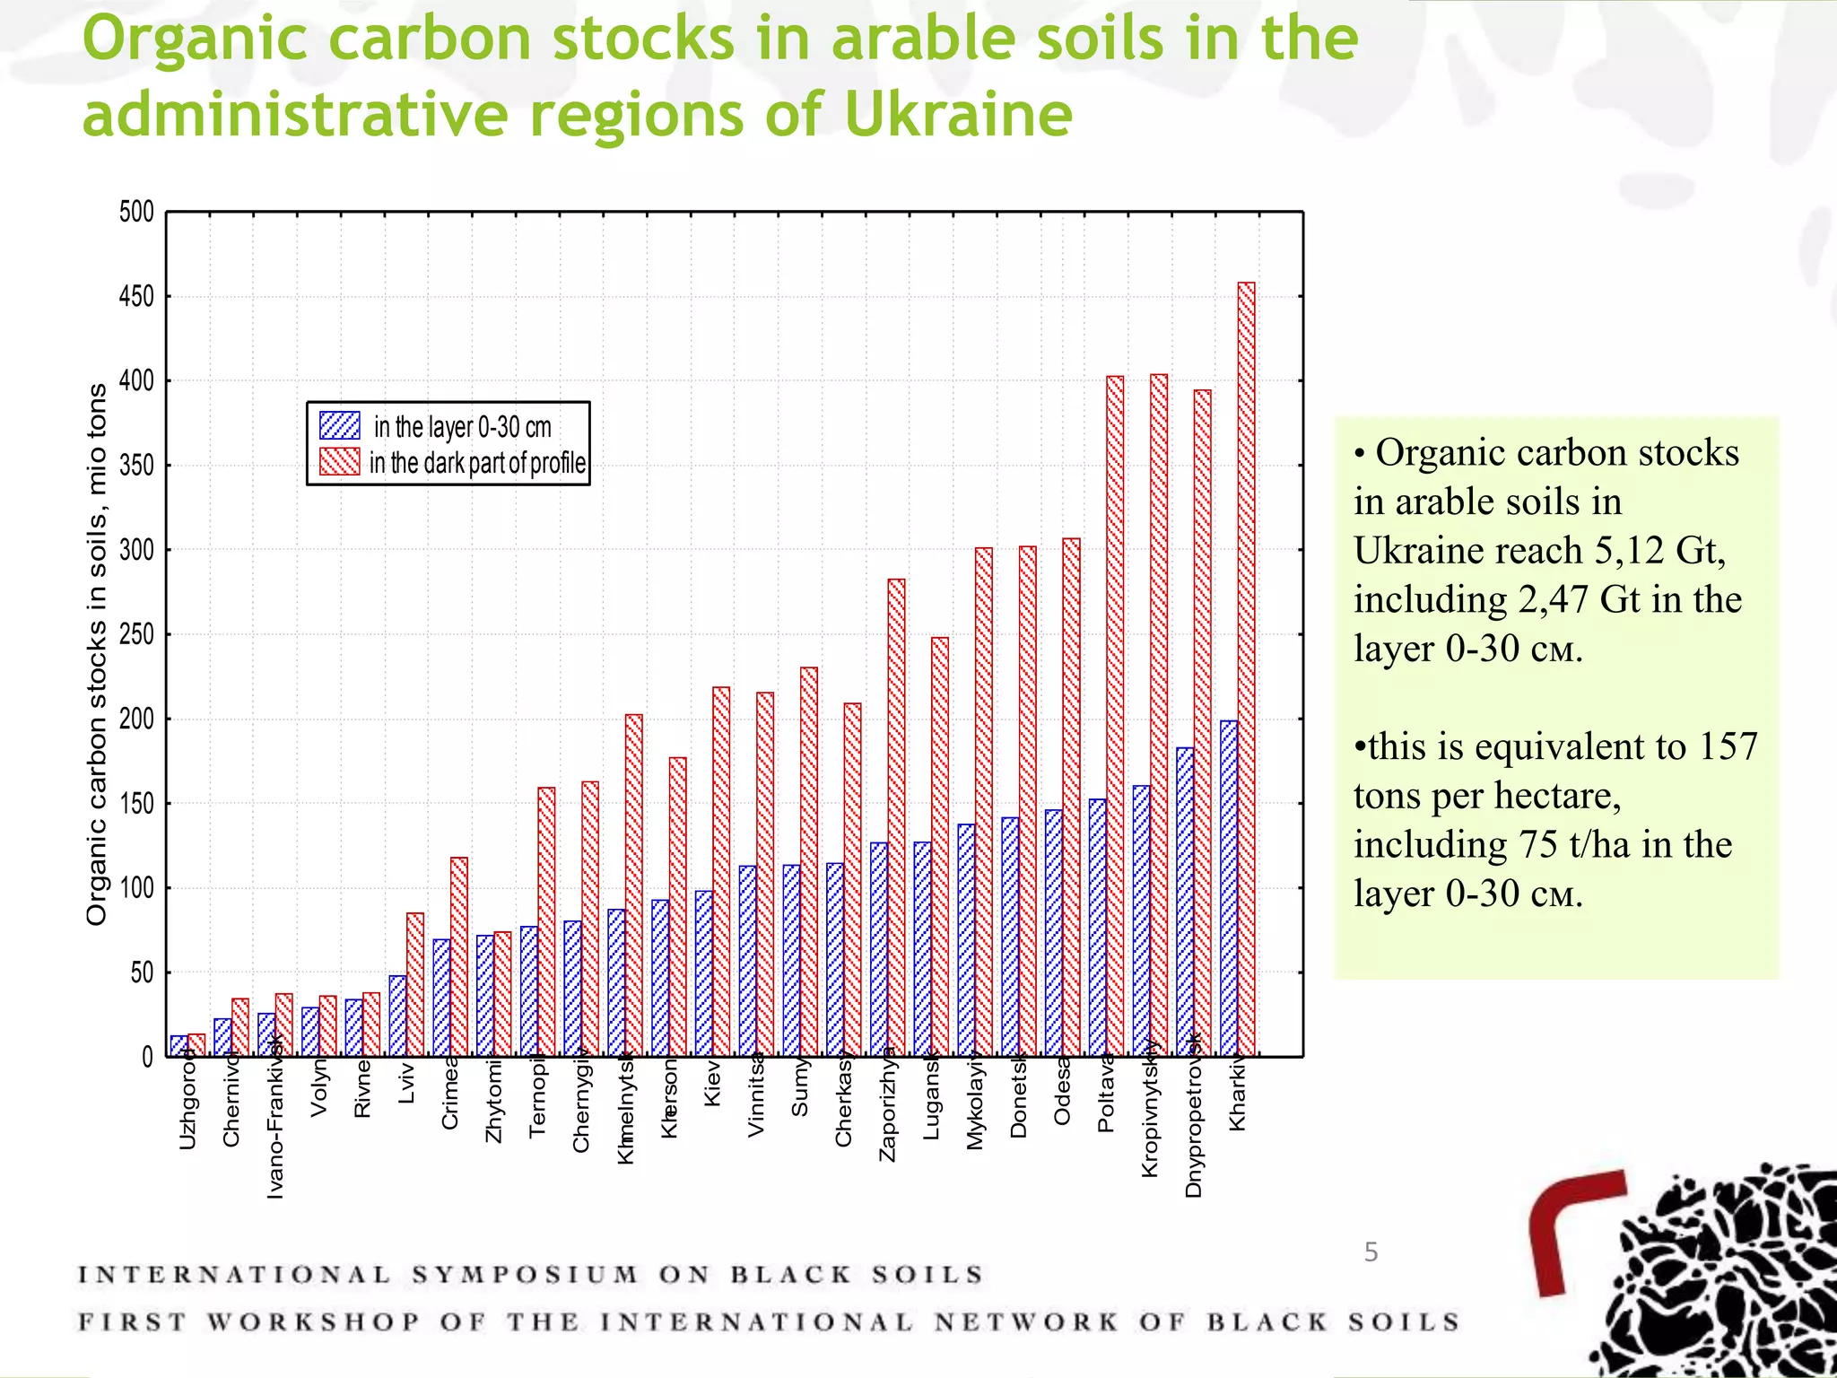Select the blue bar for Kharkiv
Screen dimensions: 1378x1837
(x=1229, y=888)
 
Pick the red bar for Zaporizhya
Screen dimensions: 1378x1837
(x=896, y=817)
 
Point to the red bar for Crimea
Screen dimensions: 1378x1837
(x=458, y=956)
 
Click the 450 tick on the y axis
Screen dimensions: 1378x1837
(x=136, y=297)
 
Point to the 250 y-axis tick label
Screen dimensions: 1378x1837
(x=136, y=635)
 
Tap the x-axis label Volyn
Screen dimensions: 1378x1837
(x=318, y=1087)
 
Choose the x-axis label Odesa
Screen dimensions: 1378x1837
(x=1062, y=1091)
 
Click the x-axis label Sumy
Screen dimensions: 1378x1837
(x=800, y=1087)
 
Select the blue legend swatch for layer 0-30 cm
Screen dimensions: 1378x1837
(x=340, y=425)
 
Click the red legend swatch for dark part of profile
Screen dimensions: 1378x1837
(x=340, y=462)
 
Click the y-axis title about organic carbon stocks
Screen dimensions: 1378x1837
(x=96, y=655)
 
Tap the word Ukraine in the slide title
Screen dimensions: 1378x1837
(x=958, y=115)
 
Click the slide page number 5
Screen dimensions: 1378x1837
(x=1371, y=1252)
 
